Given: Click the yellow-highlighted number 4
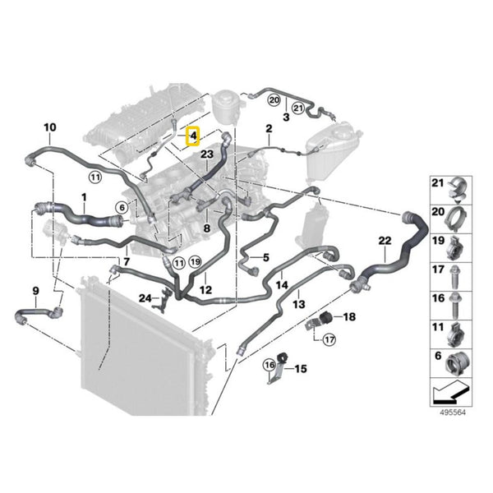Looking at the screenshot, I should click(x=193, y=136).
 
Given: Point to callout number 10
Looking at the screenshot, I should click(x=49, y=127).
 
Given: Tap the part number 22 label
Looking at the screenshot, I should click(x=385, y=240).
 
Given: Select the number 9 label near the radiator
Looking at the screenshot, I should click(x=35, y=290).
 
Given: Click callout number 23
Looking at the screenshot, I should click(x=206, y=153).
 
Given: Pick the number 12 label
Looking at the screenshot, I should click(x=205, y=289).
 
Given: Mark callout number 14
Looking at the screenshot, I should click(x=282, y=285).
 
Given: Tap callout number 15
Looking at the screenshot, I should click(x=301, y=369).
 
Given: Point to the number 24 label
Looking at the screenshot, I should click(x=145, y=297).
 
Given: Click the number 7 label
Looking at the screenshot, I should click(x=126, y=261).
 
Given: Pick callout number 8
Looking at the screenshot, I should click(x=207, y=227).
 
